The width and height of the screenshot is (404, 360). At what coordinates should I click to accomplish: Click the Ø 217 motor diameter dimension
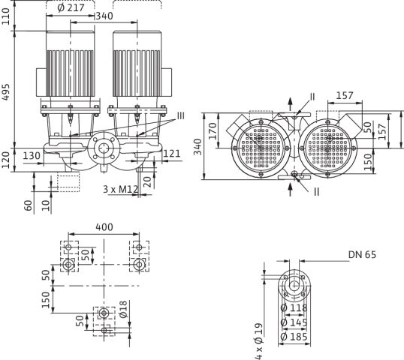pos(71,7)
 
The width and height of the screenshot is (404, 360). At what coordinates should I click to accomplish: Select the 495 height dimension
pos(6,91)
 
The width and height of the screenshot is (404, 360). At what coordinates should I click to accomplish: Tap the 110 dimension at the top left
pos(6,16)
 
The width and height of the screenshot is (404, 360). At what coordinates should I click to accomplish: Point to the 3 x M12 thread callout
pos(121,189)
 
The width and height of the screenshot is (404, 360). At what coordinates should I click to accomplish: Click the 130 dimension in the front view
pos(32,156)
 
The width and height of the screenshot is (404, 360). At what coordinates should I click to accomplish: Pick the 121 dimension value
pos(172,154)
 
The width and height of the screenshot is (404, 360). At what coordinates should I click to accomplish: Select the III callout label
pos(181,115)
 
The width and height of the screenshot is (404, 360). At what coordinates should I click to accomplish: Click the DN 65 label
pos(362,255)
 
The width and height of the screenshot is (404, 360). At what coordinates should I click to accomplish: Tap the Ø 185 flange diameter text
pos(294,337)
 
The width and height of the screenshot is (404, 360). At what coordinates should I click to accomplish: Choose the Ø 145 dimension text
pos(294,322)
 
